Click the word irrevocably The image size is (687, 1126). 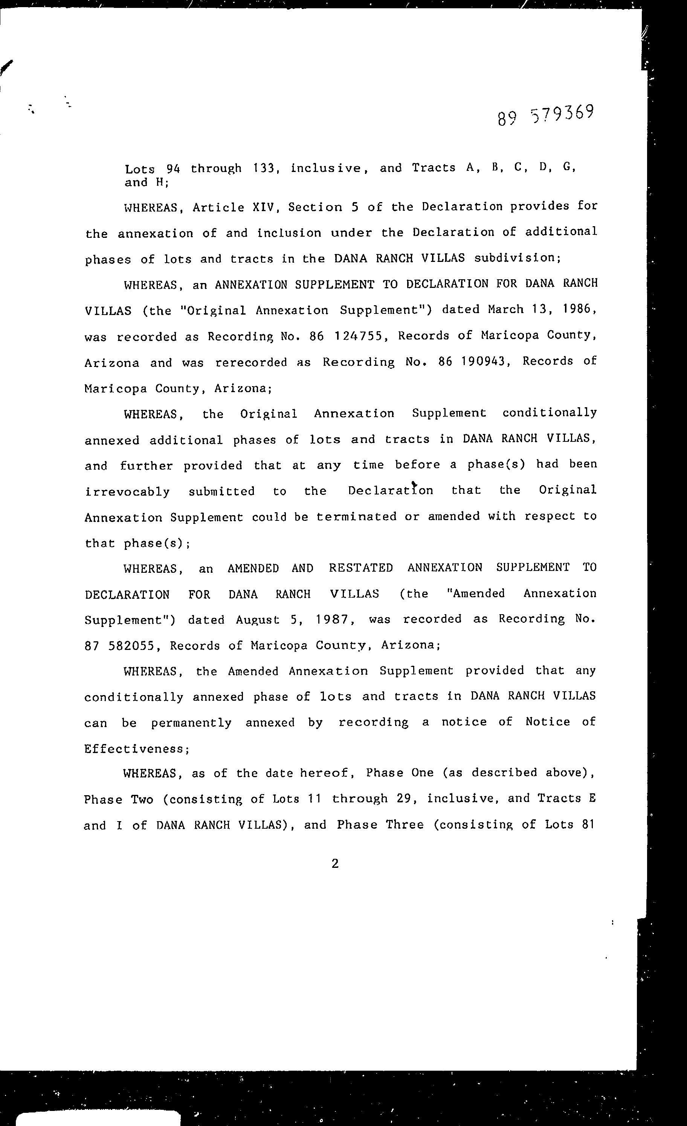click(127, 492)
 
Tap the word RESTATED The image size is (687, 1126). click(360, 568)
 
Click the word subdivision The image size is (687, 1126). click(517, 258)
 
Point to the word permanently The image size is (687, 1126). click(191, 723)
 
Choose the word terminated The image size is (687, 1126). click(356, 517)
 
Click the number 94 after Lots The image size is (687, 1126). click(173, 169)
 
